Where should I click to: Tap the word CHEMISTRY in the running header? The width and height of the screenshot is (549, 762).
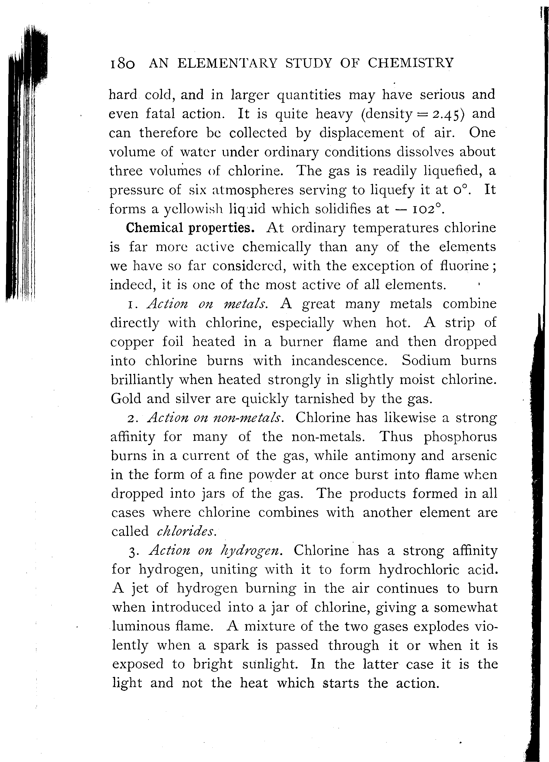click(410, 63)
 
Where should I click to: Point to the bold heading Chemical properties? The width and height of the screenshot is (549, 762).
click(190, 228)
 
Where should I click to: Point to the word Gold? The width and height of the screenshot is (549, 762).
click(126, 399)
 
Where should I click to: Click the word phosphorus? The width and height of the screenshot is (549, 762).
click(460, 437)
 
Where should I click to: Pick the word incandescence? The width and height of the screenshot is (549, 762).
click(339, 361)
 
